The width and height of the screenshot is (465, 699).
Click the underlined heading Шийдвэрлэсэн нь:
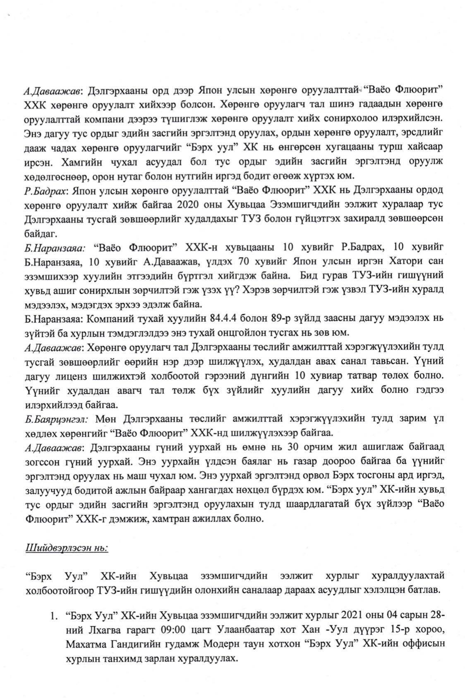click(66, 548)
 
